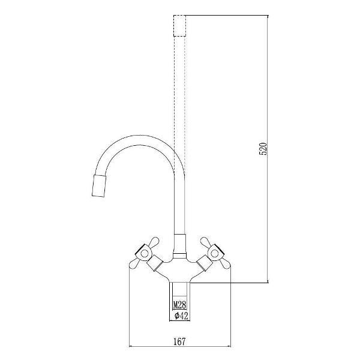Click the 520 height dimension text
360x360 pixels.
[x=262, y=149]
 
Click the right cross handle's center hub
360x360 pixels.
[x=214, y=251]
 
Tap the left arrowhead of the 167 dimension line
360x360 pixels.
[x=133, y=347]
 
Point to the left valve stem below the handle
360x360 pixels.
[x=158, y=262]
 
